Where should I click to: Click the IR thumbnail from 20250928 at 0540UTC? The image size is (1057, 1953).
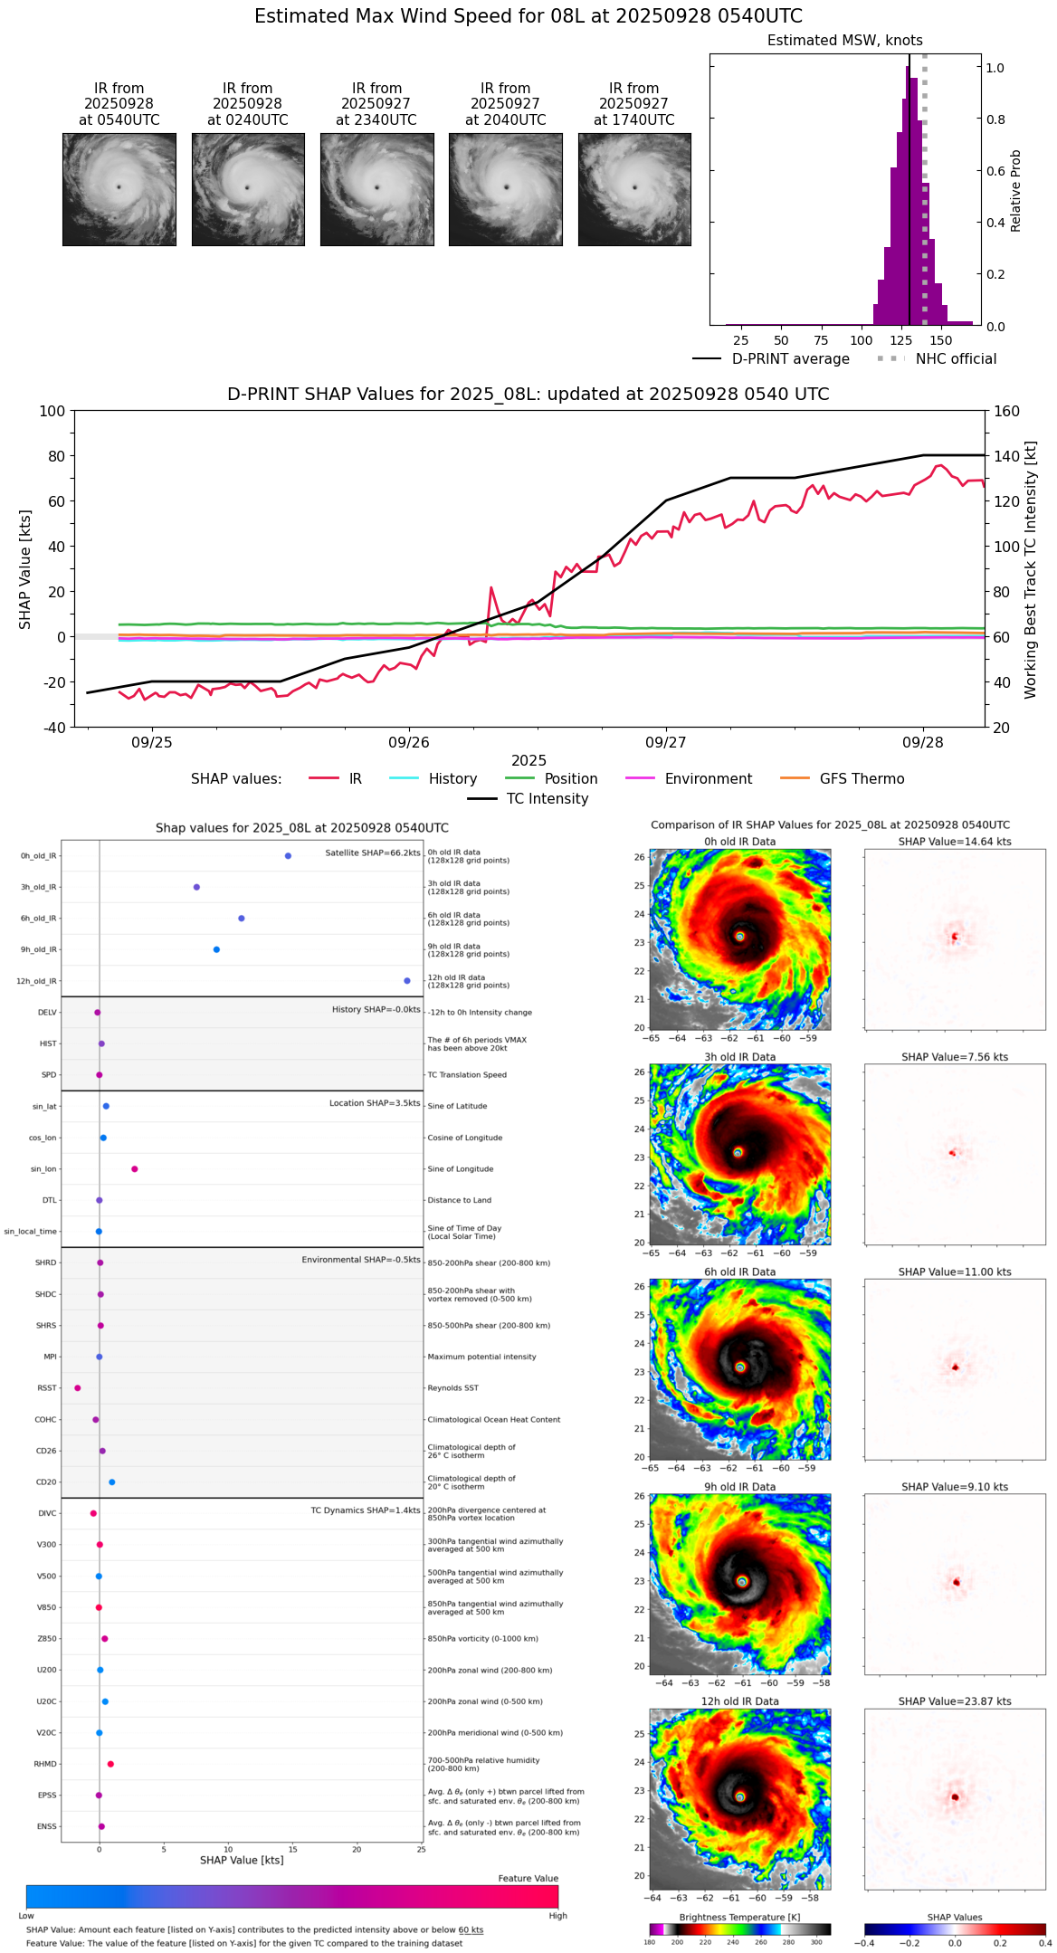coord(119,189)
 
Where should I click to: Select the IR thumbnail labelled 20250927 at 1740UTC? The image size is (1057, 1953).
coord(634,189)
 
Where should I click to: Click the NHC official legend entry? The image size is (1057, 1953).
coord(956,359)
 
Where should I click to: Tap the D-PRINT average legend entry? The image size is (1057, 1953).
coord(790,359)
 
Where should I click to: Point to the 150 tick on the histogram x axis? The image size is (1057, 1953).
coord(941,341)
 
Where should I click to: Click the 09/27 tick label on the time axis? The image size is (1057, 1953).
coord(665,743)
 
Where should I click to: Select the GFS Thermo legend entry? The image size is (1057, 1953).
coord(862,779)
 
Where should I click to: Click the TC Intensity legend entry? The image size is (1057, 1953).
coord(547,799)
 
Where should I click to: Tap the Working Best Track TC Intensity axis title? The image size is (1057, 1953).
coord(1031,570)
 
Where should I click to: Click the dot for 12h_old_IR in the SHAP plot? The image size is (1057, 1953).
coord(407,981)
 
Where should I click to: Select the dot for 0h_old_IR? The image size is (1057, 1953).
coord(288,856)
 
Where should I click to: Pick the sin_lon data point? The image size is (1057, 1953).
coord(135,1169)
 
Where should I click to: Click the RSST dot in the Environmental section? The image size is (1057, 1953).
coord(77,1388)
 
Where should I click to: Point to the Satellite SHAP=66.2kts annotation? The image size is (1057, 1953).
coord(373,853)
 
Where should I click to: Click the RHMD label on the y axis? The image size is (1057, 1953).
coord(45,1764)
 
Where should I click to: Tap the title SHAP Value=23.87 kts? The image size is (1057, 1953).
coord(955,1701)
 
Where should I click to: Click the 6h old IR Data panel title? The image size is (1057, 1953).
coord(739,1272)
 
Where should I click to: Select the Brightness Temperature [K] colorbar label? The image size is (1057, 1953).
coord(739,1917)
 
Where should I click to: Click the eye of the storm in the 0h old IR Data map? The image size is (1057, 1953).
coord(739,937)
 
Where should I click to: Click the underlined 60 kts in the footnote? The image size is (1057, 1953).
coord(471,1930)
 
